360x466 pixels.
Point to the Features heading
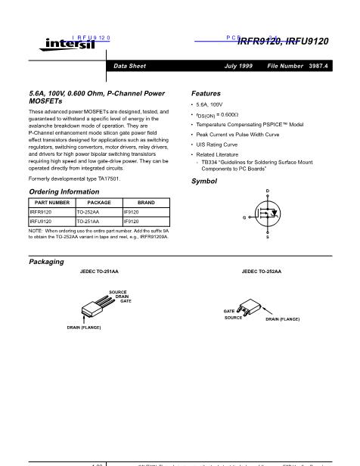pos(206,92)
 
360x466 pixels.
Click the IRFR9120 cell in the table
pos(41,213)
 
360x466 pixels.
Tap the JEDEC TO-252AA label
pos(261,270)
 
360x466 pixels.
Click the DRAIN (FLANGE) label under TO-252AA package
pos(282,320)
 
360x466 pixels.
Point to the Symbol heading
pos(204,182)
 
